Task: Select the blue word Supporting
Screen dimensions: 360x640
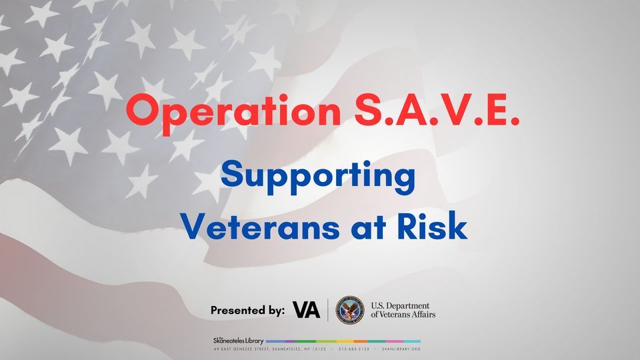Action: point(318,177)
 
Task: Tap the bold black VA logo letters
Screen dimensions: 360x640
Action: point(306,310)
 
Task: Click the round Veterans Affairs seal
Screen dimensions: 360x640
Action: point(350,310)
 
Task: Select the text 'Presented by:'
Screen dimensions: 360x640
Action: point(248,310)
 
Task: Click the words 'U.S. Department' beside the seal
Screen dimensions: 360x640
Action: point(400,305)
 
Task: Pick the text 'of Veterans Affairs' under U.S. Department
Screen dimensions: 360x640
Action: point(403,315)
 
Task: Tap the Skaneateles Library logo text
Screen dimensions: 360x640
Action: point(238,341)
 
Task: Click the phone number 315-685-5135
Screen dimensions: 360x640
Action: point(354,349)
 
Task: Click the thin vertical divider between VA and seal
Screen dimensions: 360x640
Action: point(328,310)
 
